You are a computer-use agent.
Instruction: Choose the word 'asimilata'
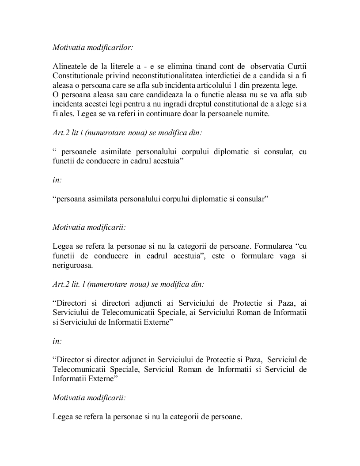[101, 199]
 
